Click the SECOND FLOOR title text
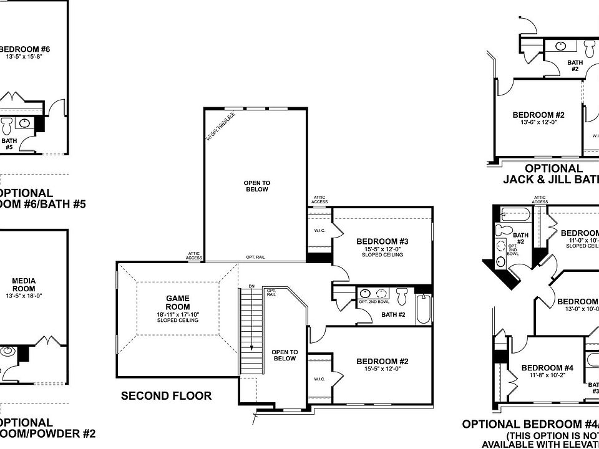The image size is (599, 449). pyautogui.click(x=166, y=395)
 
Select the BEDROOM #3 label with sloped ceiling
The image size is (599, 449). pyautogui.click(x=382, y=242)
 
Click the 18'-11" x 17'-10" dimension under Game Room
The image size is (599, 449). pyautogui.click(x=178, y=314)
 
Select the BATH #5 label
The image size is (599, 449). pyautogui.click(x=9, y=144)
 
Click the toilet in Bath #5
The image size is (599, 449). pyautogui.click(x=7, y=126)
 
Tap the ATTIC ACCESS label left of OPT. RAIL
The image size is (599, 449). pyautogui.click(x=194, y=256)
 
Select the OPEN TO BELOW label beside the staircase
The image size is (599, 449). pyautogui.click(x=285, y=355)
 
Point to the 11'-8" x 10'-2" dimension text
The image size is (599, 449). pyautogui.click(x=542, y=376)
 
